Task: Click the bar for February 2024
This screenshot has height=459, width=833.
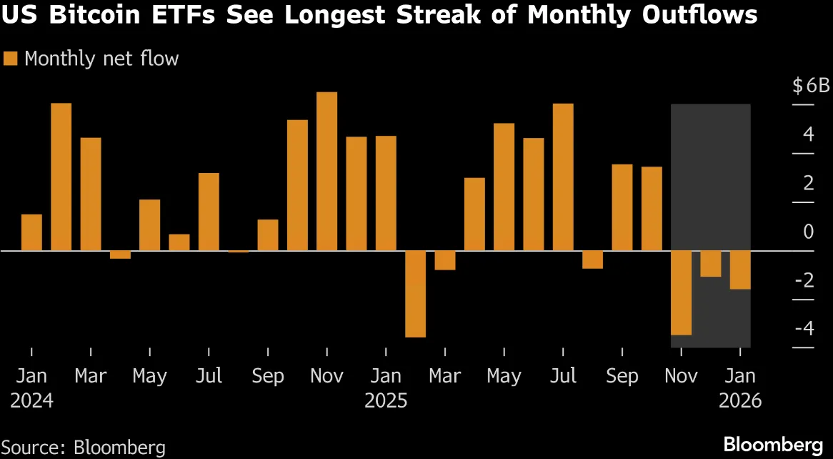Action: [x=61, y=177]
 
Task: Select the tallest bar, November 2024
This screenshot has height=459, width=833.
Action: [x=326, y=172]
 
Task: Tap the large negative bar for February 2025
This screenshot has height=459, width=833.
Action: [x=416, y=294]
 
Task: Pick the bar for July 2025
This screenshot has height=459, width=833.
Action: [x=563, y=177]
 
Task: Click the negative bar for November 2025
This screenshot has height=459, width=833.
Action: [x=682, y=292]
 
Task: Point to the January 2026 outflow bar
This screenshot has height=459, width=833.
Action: [x=741, y=270]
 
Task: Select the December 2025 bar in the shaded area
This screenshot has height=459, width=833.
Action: [x=711, y=263]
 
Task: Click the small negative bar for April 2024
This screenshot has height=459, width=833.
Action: [x=121, y=255]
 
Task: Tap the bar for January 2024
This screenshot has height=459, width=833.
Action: [x=32, y=232]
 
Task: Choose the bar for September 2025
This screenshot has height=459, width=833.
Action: [x=622, y=207]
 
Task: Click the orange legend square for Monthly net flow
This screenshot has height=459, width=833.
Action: [x=10, y=59]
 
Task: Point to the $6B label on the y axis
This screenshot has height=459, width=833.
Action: [x=811, y=86]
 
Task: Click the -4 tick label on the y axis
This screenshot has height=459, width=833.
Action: [x=804, y=328]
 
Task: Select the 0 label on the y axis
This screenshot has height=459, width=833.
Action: [x=809, y=232]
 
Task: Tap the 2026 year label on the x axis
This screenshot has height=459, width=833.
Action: [x=740, y=400]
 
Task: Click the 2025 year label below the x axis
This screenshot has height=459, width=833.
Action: [x=386, y=400]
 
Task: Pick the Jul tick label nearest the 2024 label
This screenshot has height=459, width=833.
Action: [x=209, y=377]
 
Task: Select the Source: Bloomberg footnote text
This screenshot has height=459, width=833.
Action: [x=84, y=446]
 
